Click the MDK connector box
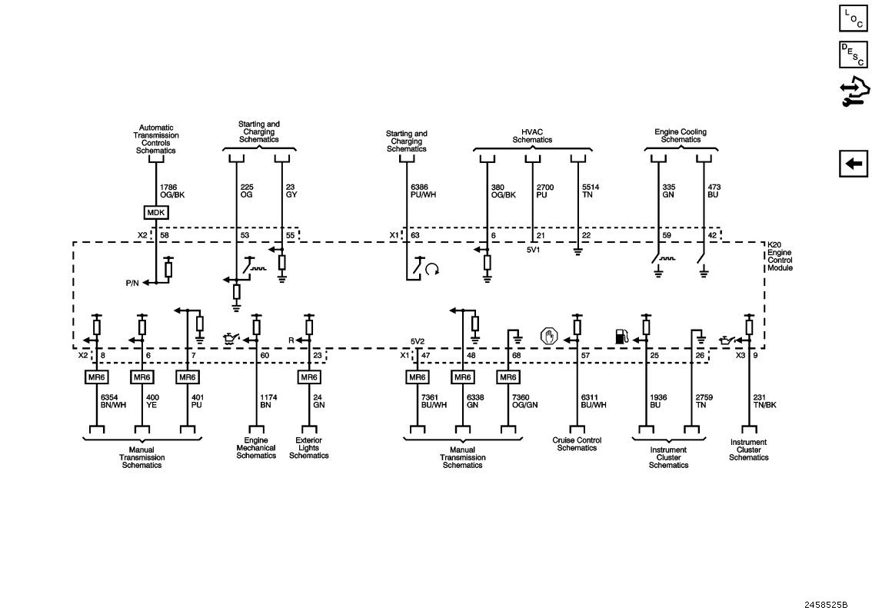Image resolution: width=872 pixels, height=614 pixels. [155, 212]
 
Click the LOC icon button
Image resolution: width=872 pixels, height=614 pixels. [854, 18]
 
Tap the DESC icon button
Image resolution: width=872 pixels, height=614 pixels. [854, 55]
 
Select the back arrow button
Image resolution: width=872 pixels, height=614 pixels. [854, 164]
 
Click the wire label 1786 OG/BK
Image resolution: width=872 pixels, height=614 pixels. [172, 191]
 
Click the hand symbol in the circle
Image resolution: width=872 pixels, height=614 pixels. [547, 336]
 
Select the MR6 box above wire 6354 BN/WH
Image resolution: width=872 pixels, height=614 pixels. [97, 377]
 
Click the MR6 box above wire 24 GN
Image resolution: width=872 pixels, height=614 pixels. [308, 377]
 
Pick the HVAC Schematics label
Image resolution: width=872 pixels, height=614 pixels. [532, 136]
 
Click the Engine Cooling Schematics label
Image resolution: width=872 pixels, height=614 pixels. [680, 136]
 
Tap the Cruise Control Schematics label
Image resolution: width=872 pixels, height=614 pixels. [577, 444]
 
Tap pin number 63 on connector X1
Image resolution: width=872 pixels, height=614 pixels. [414, 235]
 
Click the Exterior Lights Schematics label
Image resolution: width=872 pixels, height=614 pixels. [308, 448]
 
